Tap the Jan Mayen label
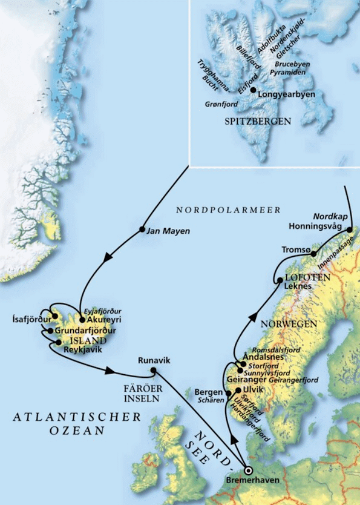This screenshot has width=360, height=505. coord(168,231)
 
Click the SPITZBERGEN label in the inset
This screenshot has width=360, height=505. coord(258,122)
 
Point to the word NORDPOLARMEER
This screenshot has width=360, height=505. coord(228,210)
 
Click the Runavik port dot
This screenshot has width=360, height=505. coord(153,371)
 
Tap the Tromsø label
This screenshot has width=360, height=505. coord(296,249)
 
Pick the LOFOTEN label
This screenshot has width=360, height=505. coord(312,277)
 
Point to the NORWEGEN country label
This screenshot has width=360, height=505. coord(289,325)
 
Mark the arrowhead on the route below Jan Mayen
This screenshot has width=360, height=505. coord(110,259)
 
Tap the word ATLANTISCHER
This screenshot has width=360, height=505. coord(77,417)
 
